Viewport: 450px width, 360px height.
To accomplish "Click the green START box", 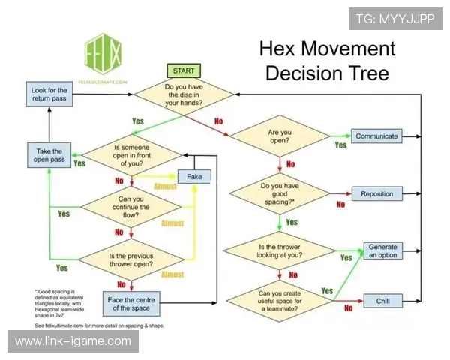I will (184, 70).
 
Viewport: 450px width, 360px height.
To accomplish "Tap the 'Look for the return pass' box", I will (49, 95).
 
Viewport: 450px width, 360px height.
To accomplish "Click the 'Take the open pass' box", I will (49, 156).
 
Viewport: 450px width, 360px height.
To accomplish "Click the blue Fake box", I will (194, 177).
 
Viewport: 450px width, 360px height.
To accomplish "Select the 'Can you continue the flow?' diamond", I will (131, 206).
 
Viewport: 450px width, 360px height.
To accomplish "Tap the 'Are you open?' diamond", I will (279, 136).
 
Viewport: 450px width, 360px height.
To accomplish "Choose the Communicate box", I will (377, 136).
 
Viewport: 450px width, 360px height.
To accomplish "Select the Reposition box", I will (377, 194).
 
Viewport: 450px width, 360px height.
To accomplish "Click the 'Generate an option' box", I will (382, 251).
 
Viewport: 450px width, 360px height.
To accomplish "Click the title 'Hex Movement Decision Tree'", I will (326, 61).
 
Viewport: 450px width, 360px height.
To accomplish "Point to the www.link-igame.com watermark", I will (73, 341).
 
